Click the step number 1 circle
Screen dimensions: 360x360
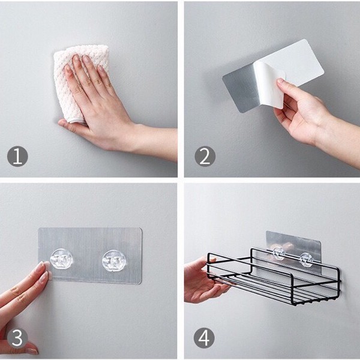17,156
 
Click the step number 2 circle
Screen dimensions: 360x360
205,156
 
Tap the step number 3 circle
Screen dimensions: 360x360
17,338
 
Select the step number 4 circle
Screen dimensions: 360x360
204,338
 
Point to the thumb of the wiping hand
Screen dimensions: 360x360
69,125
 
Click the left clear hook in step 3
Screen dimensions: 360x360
62,259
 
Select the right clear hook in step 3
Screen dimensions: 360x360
114,261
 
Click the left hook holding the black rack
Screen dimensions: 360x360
279,253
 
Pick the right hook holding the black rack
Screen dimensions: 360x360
306,259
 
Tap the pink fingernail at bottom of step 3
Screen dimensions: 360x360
32,350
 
